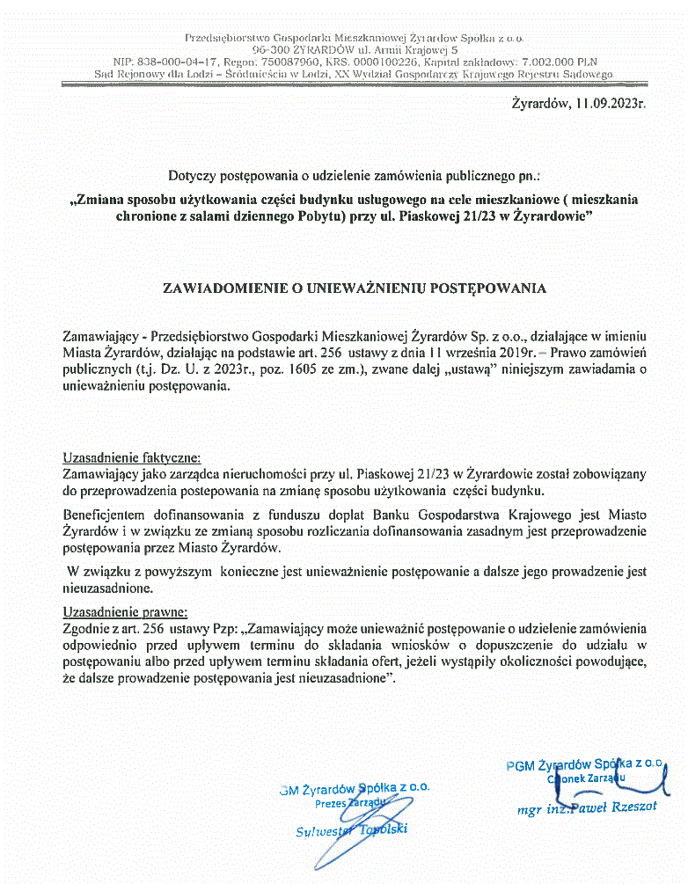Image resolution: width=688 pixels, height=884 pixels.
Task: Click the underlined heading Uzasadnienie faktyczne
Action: click(x=132, y=457)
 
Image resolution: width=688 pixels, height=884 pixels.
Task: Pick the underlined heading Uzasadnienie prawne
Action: click(x=126, y=612)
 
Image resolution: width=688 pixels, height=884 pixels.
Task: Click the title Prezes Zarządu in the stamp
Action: click(x=350, y=802)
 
